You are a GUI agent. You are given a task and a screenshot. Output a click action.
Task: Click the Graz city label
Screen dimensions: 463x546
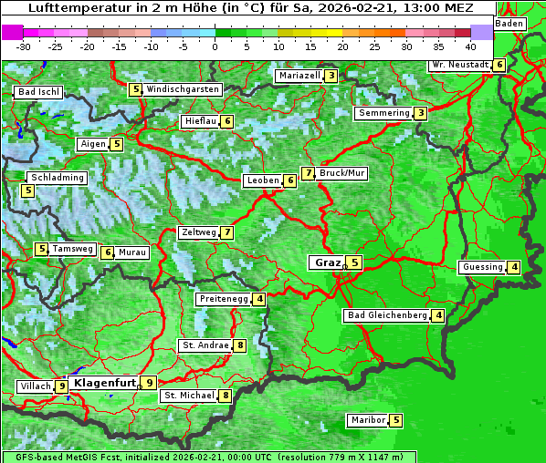(x=327, y=262)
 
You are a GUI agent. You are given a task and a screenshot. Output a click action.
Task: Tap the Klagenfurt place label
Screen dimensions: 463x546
(x=104, y=383)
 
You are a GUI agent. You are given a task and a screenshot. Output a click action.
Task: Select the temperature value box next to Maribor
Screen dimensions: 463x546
(x=395, y=420)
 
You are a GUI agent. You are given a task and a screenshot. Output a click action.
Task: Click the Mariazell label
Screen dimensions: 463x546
(x=299, y=76)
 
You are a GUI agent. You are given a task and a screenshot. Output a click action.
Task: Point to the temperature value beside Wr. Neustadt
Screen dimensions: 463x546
(x=499, y=65)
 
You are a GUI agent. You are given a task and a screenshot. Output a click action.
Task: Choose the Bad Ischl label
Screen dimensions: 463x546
(x=39, y=92)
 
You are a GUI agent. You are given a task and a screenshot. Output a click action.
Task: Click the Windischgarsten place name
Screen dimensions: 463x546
(x=183, y=89)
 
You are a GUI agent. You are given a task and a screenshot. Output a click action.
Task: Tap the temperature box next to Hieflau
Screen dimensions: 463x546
(x=227, y=121)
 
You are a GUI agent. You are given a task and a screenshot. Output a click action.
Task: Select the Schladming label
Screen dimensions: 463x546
(x=57, y=178)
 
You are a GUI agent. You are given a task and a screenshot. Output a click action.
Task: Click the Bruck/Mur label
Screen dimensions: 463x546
(x=342, y=173)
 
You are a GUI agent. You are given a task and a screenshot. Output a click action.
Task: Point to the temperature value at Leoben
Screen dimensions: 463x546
(x=290, y=180)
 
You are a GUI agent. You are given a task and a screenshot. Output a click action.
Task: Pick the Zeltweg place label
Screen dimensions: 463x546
(x=199, y=232)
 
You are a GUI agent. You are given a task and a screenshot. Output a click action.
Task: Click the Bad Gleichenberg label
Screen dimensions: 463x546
(x=387, y=315)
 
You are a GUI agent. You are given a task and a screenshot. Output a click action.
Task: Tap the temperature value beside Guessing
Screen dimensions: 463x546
(x=515, y=267)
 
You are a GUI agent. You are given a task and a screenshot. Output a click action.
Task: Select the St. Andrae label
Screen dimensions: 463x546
(x=205, y=345)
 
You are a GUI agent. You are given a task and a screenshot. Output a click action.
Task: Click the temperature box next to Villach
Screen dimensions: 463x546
(x=62, y=386)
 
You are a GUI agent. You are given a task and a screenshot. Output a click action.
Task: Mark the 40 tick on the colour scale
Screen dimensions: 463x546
(x=470, y=46)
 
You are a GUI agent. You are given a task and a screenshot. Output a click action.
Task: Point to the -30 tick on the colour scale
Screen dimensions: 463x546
(x=24, y=46)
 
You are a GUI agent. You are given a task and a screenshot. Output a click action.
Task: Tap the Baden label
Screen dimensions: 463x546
(x=510, y=23)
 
